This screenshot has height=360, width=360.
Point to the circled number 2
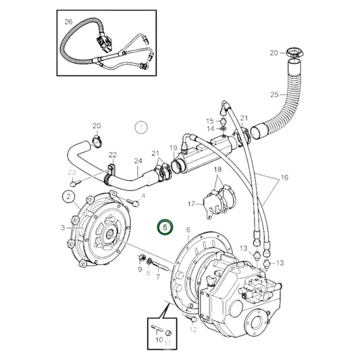69,197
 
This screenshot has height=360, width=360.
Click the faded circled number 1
140,126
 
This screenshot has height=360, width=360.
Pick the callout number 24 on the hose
138,161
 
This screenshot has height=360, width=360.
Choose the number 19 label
173,148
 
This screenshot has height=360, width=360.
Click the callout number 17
191,203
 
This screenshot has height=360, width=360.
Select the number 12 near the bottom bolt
193,330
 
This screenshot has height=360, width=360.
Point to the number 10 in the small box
159,339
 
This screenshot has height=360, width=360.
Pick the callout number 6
188,230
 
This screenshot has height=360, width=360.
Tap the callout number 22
113,155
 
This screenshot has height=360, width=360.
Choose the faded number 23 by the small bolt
72,172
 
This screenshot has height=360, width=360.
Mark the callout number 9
140,269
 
